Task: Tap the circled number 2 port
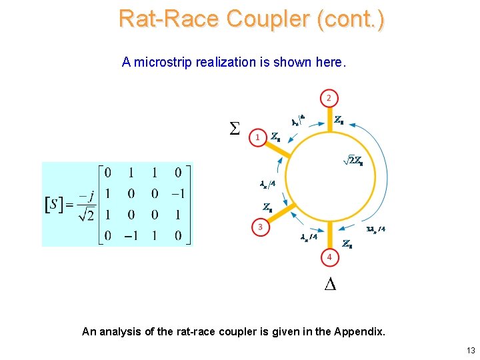point(328,98)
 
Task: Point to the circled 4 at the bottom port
point(328,257)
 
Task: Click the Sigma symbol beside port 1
point(235,127)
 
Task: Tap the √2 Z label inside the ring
point(351,160)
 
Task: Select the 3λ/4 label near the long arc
point(376,229)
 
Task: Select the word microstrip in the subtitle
point(163,63)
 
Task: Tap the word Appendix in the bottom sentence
point(359,331)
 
